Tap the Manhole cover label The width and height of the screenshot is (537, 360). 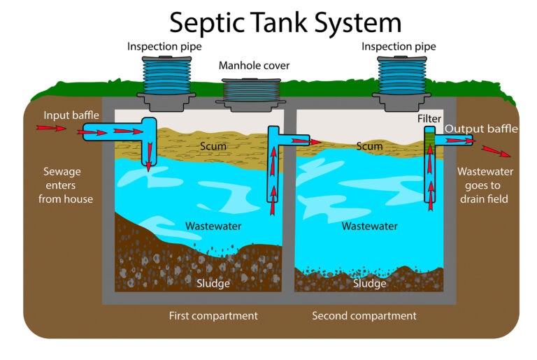click(254, 66)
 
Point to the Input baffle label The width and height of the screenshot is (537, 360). click(71, 115)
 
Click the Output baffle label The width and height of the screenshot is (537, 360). click(481, 129)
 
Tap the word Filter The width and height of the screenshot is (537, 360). click(429, 120)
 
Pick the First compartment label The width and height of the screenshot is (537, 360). click(213, 316)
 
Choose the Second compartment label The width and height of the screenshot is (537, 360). click(364, 316)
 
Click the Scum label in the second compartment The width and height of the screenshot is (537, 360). click(369, 146)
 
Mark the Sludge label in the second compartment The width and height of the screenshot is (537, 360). click(369, 283)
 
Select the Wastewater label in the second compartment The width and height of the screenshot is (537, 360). click(369, 226)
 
